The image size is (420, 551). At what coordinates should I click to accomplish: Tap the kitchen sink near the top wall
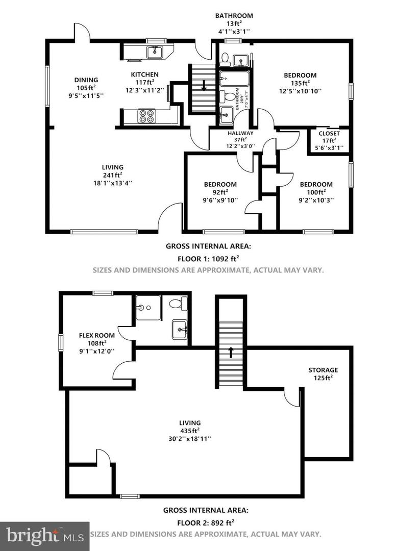pos(154,52)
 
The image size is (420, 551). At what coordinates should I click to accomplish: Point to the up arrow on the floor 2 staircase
pos(231,352)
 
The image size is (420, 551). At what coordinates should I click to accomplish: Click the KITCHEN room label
pos(144,74)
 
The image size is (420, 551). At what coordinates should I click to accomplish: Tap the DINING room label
pos(86,80)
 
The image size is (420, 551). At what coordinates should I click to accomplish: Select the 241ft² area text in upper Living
pos(112,175)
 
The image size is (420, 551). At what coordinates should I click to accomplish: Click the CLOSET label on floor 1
pos(329,134)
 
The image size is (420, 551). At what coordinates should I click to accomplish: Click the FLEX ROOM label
pos(96,335)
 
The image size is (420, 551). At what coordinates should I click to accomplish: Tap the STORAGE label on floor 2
pos(323,370)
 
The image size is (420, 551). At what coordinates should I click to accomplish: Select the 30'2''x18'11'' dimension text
pos(189,438)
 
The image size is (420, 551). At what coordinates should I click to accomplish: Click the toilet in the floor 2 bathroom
pos(177,304)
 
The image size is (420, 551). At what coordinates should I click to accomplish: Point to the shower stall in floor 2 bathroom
pos(148,308)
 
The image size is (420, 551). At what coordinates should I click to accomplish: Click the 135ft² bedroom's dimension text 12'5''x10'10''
pos(300,91)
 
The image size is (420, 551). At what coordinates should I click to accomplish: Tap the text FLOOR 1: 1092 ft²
pos(208,259)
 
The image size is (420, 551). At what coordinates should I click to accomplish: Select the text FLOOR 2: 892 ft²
pos(206,522)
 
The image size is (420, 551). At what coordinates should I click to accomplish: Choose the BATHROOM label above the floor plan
pos(234,15)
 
